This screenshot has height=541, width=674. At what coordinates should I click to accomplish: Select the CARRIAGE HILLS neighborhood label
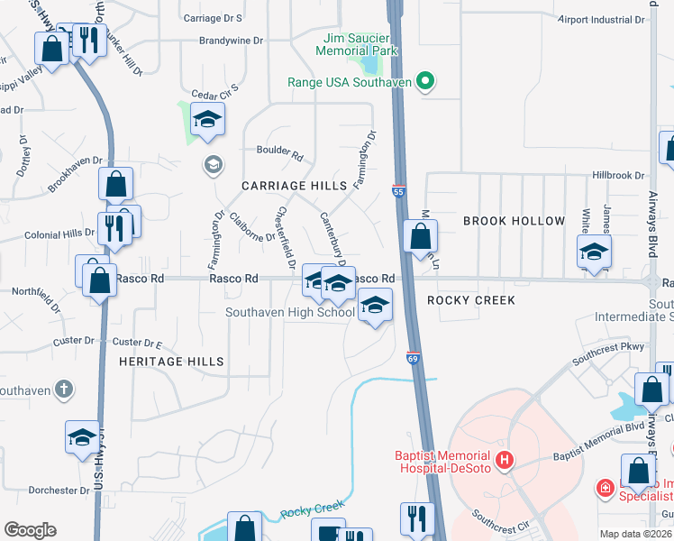tap(294, 186)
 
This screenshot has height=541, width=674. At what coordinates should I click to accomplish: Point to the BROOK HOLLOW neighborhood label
tap(514, 221)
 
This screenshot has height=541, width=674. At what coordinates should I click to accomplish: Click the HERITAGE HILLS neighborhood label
tap(171, 361)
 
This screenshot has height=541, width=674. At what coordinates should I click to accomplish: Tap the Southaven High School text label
tap(289, 313)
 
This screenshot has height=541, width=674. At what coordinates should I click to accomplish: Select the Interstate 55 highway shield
tap(398, 191)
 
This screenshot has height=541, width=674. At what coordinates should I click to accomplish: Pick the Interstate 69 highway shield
tap(413, 358)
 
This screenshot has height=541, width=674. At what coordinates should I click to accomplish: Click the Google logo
tap(30, 530)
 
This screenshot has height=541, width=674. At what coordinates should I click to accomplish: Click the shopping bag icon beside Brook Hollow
tap(420, 238)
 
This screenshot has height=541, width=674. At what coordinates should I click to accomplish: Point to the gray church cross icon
tap(63, 390)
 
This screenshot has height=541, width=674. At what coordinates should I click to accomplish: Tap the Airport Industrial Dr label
tap(601, 19)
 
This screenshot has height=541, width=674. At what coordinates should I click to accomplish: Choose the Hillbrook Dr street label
tap(619, 176)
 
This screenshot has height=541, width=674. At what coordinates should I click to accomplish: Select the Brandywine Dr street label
tap(231, 41)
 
